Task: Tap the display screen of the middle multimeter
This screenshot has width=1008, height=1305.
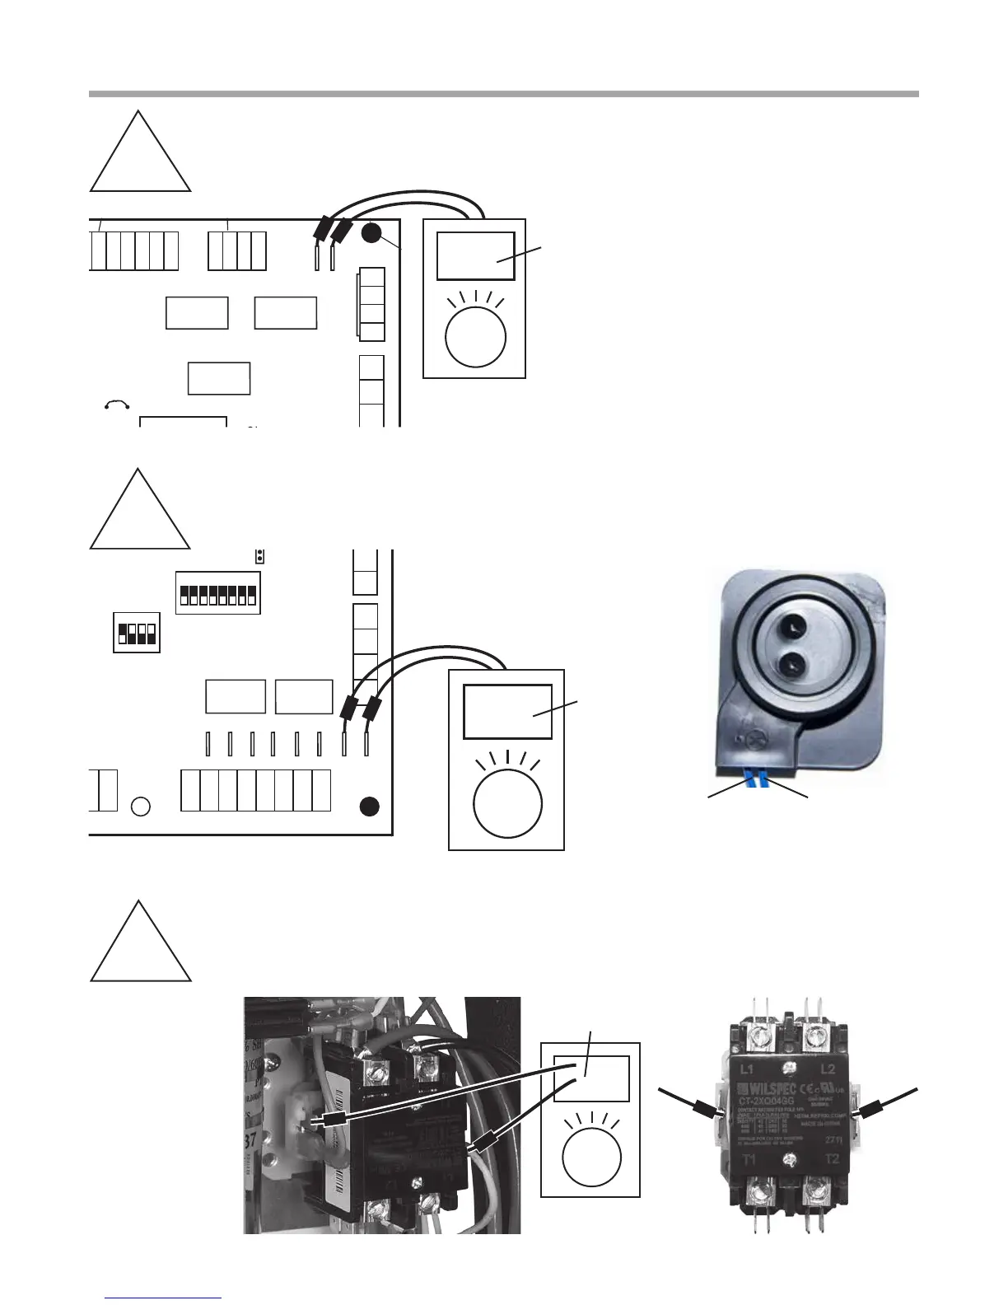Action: coord(507,711)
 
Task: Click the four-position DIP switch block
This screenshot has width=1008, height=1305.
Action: coord(137,633)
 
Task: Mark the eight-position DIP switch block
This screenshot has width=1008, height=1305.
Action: coord(217,592)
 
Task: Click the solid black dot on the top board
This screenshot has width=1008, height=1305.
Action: coord(371,234)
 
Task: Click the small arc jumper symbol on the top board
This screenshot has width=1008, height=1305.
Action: coord(116,404)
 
